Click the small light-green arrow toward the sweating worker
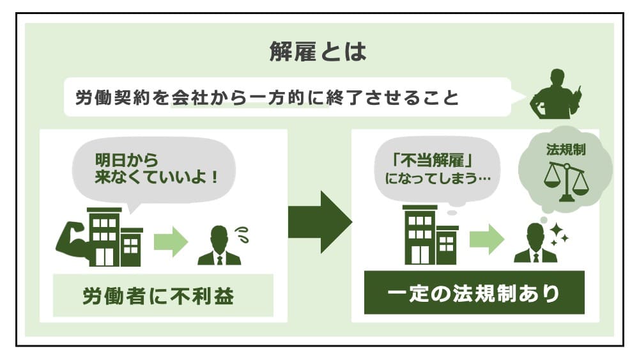point(171,242)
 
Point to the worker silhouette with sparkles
point(535,244)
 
